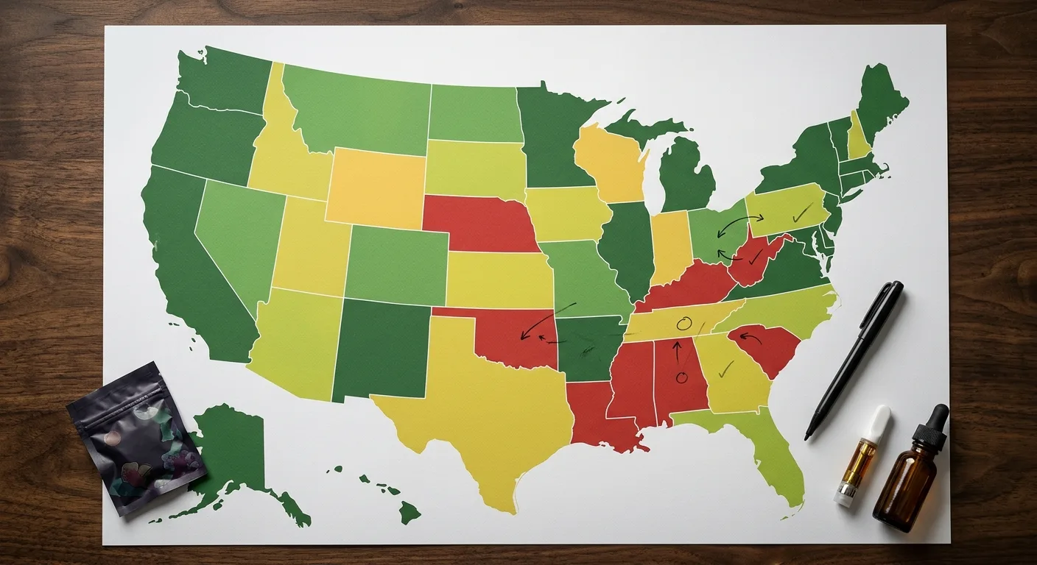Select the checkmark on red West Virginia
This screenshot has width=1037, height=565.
pos(756,256)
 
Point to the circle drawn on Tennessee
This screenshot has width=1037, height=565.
pos(683,323)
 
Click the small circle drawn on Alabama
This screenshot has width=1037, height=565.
pos(681,378)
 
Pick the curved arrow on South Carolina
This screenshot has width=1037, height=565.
pos(749,338)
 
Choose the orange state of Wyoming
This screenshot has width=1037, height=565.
pos(376,188)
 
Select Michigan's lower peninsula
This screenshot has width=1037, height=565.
pos(685,177)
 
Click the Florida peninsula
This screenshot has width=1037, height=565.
pos(773,456)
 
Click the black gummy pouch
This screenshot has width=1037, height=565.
pos(136,437)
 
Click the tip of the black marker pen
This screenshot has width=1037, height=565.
pos(808,436)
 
